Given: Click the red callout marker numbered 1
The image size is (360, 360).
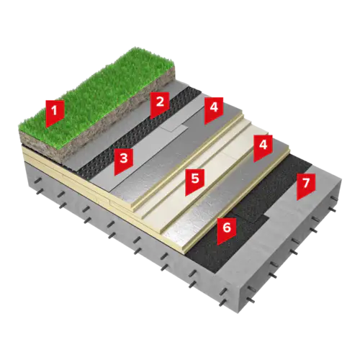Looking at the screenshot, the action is click(x=55, y=112).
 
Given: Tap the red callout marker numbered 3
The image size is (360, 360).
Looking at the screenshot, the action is click(x=124, y=161).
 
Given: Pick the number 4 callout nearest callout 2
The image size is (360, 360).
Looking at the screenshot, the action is click(x=214, y=109).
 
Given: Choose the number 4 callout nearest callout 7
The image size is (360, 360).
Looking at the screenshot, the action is click(x=264, y=148).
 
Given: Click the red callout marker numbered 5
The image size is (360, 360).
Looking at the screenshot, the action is click(x=195, y=181).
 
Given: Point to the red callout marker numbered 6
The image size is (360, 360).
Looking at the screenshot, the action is click(x=227, y=230).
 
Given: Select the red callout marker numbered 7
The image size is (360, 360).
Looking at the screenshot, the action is click(x=305, y=186).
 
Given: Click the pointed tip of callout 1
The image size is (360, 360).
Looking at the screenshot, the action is click(x=46, y=127).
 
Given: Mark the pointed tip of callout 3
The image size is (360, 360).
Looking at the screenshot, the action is click(x=114, y=175).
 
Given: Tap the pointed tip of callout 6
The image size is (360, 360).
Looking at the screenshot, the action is click(x=218, y=244).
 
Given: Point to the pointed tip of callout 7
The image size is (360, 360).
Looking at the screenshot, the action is click(x=297, y=200).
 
